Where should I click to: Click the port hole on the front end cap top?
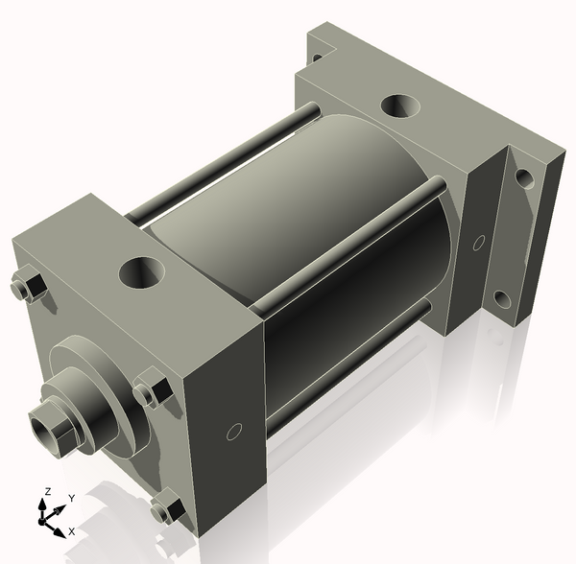click(x=142, y=273)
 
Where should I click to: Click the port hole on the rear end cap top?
click(x=400, y=106)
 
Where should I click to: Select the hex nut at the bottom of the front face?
click(x=167, y=508)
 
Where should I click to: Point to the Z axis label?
click(x=47, y=491)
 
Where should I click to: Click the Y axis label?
click(x=72, y=498)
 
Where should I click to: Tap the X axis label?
click(x=72, y=531)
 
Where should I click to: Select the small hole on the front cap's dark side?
click(x=234, y=432)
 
